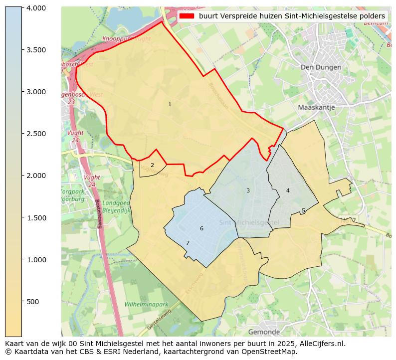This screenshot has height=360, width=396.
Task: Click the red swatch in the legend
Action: click(x=186, y=16)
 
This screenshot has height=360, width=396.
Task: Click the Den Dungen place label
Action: click(x=321, y=67)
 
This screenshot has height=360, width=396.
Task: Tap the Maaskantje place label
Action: click(x=316, y=107)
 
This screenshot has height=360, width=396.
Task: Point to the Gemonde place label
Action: click(x=264, y=332)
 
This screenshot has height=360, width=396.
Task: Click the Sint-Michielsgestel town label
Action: click(x=249, y=222)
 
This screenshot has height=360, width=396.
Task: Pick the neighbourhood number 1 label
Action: click(x=170, y=104)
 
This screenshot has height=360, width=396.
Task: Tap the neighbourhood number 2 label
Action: click(x=152, y=165)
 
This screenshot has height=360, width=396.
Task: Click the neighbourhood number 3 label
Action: click(x=248, y=190)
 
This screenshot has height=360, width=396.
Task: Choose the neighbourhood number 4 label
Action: click(x=288, y=190)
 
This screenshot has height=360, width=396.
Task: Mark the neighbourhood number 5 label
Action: click(x=303, y=211)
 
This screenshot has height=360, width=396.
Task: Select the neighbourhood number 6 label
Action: click(x=201, y=228)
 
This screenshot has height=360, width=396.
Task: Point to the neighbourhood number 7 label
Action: click(x=188, y=243)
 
